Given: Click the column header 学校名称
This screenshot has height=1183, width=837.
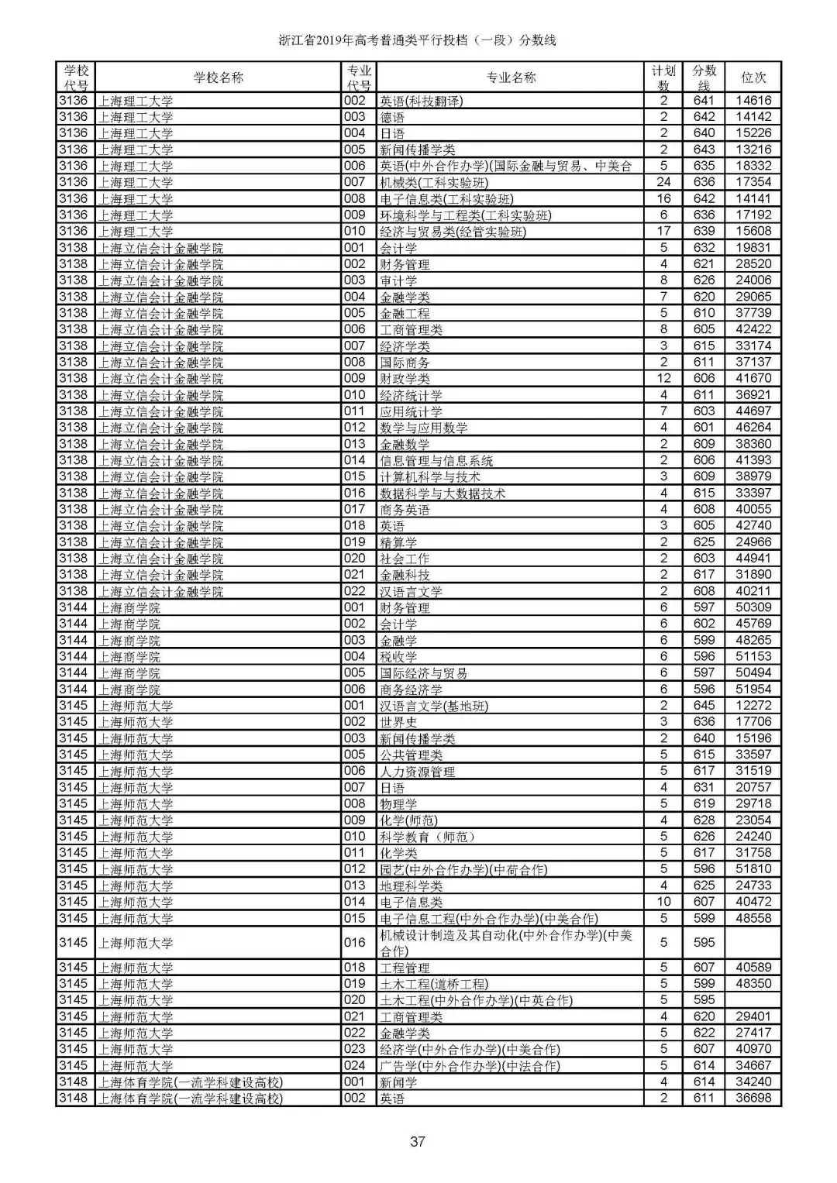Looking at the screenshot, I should point(219,77).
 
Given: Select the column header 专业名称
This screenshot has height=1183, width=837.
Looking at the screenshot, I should point(511,77).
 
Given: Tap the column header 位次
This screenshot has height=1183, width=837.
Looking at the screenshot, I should point(753,77).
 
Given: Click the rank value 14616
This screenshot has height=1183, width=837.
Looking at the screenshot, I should point(753,101).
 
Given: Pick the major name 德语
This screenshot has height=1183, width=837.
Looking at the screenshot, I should point(392,117).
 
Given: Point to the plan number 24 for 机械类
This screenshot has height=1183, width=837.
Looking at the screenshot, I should point(663,182).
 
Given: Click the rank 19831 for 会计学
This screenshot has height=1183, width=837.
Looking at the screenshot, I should point(753,248).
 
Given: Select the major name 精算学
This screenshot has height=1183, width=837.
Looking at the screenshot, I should point(398,542).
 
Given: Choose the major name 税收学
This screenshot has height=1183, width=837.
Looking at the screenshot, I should point(398,657).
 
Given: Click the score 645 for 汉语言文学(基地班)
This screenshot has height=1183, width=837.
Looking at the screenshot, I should point(704,706).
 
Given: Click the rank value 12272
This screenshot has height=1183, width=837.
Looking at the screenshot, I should point(753,706).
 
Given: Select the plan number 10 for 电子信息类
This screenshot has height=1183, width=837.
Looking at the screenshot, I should point(663,902).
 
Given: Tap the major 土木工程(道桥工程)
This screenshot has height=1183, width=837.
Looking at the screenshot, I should point(434,984).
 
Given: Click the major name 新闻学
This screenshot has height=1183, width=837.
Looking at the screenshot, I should point(398,1082).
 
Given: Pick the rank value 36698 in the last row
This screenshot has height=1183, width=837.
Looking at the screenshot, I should point(753,1099).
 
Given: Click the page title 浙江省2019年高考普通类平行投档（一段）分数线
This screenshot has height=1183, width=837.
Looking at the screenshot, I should point(418,41).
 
